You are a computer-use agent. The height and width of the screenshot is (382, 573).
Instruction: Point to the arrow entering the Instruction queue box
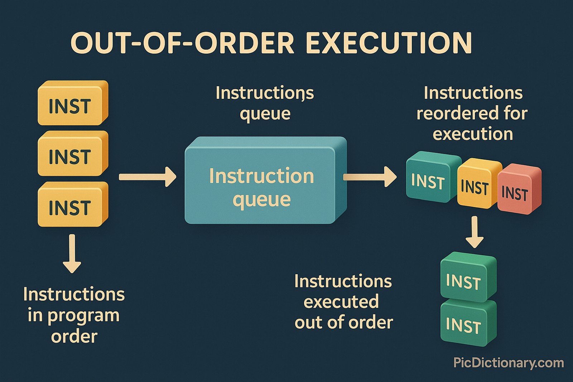pos(148,177)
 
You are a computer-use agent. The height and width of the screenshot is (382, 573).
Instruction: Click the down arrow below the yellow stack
pos(72,253)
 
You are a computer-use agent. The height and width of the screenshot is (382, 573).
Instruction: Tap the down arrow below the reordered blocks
pos(475,232)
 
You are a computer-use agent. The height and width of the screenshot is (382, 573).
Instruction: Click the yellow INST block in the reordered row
pos(476,184)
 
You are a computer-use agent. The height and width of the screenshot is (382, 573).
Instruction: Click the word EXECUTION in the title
pos(389,43)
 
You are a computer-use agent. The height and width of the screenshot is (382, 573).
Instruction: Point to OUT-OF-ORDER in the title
pos(183,43)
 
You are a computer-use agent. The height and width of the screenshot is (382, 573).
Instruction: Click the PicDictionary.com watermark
pos(509,363)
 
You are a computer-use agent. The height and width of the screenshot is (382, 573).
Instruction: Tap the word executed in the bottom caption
pos(341,302)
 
